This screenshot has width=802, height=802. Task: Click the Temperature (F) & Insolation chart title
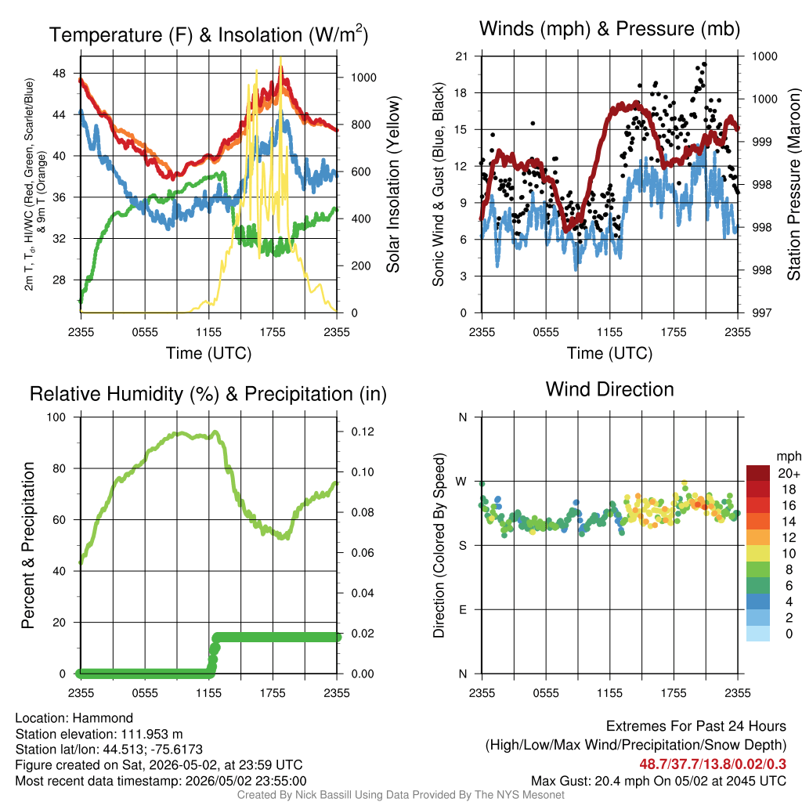coord(208,34)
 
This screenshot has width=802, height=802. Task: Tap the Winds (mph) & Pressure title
coord(609,29)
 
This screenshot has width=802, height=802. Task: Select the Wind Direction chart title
coord(609,389)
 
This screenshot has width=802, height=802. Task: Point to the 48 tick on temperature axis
coord(60,73)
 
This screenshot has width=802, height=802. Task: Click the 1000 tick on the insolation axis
coord(363,78)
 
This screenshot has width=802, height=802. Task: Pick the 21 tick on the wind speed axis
coord(461,56)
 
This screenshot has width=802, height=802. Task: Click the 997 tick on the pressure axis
coord(761,312)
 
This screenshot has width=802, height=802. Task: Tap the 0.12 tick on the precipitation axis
coord(363,432)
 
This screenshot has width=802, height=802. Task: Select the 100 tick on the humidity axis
coord(56,417)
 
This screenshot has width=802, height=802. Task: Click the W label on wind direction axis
coord(461,482)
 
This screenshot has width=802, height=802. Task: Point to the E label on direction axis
coord(463,609)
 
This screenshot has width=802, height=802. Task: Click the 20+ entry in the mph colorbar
coord(789,473)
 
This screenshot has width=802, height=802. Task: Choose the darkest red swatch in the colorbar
coord(758,473)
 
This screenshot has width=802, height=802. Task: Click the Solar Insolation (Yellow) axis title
coord(393,184)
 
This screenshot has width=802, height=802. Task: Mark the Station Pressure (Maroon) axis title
coord(793,184)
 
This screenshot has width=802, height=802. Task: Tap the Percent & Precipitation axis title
coord(27,545)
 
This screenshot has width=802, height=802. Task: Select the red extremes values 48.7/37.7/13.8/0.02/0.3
coord(713,764)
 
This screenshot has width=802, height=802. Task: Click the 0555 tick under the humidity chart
coord(145,693)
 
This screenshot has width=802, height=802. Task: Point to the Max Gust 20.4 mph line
coord(659,781)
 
